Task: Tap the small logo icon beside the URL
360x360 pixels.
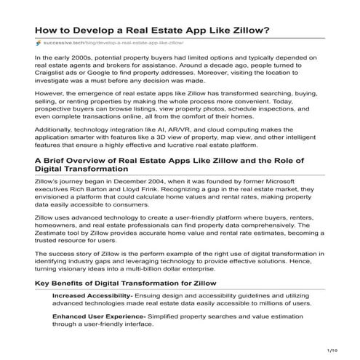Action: pyautogui.click(x=39, y=44)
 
